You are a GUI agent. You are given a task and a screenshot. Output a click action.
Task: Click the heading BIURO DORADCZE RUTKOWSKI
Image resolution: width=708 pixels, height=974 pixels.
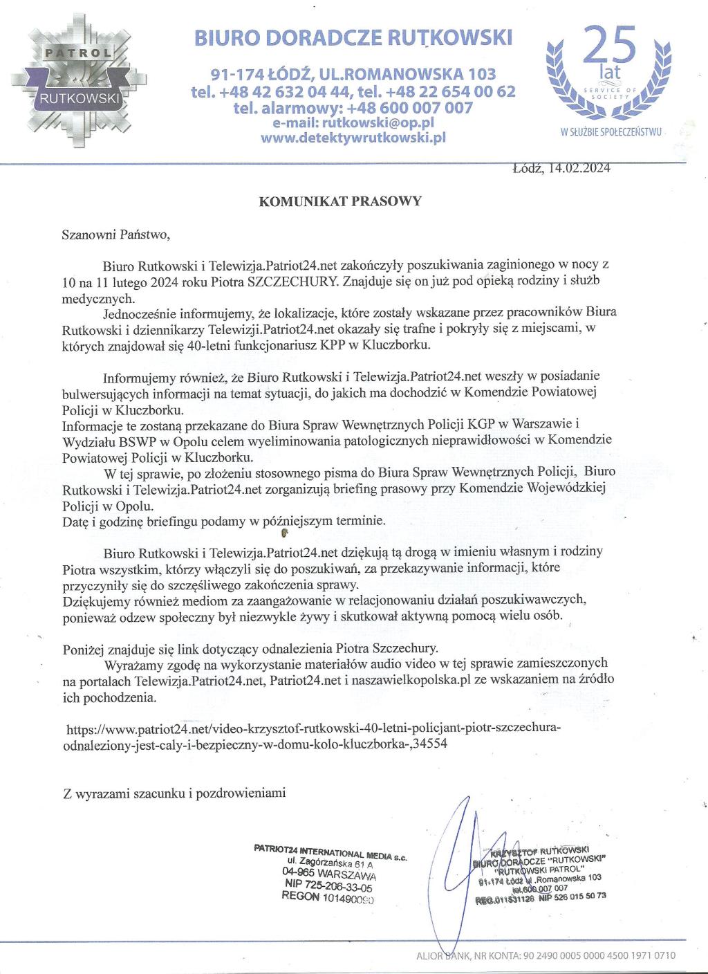pos(353,38)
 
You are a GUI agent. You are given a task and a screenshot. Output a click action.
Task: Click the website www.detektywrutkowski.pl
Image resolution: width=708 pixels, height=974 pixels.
pos(353,138)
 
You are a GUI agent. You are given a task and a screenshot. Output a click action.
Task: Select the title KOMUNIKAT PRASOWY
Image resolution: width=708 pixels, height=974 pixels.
pos(339,202)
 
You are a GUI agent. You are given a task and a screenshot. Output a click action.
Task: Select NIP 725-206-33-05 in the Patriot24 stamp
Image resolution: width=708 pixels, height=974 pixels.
pos(328,884)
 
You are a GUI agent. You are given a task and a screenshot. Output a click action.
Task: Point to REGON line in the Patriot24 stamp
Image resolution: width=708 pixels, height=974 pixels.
pos(328,896)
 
